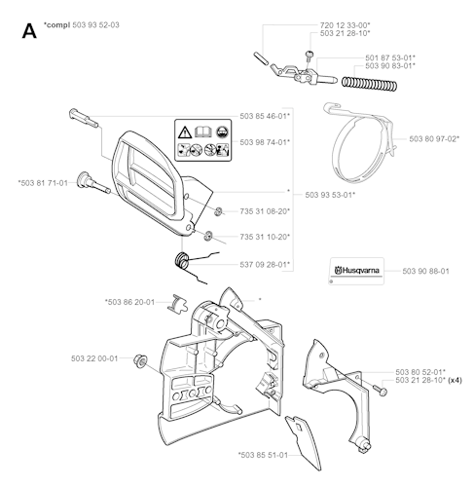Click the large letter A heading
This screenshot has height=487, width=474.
(x=29, y=32)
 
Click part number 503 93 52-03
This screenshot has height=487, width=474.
(x=95, y=25)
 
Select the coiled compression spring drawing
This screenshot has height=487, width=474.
(x=369, y=83)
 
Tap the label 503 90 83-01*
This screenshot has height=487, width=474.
(x=390, y=66)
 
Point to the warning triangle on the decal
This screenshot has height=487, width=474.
(x=185, y=132)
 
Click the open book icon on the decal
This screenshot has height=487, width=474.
(x=203, y=131)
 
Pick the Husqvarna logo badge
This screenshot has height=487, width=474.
(x=356, y=271)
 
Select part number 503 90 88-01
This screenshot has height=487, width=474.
(x=425, y=271)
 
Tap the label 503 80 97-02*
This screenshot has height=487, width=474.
(x=434, y=139)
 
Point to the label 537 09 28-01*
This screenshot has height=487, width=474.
(x=265, y=265)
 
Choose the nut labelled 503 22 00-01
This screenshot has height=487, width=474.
(x=140, y=361)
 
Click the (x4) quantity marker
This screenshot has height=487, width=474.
(x=455, y=380)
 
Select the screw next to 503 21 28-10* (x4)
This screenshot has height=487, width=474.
(x=381, y=390)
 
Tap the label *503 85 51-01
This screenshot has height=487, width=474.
(x=263, y=455)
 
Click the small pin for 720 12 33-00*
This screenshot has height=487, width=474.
(x=261, y=58)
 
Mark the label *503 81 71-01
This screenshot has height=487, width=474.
(x=43, y=183)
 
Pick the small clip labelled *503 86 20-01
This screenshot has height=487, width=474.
(x=178, y=304)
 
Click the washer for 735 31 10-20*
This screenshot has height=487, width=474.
(x=208, y=236)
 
